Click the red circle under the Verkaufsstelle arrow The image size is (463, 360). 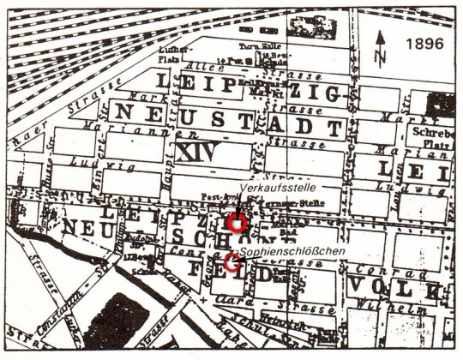coord(238,224)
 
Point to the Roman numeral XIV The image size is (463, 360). coord(196,152)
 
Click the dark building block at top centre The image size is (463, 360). coord(312,27)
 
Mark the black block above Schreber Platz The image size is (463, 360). coord(443,102)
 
